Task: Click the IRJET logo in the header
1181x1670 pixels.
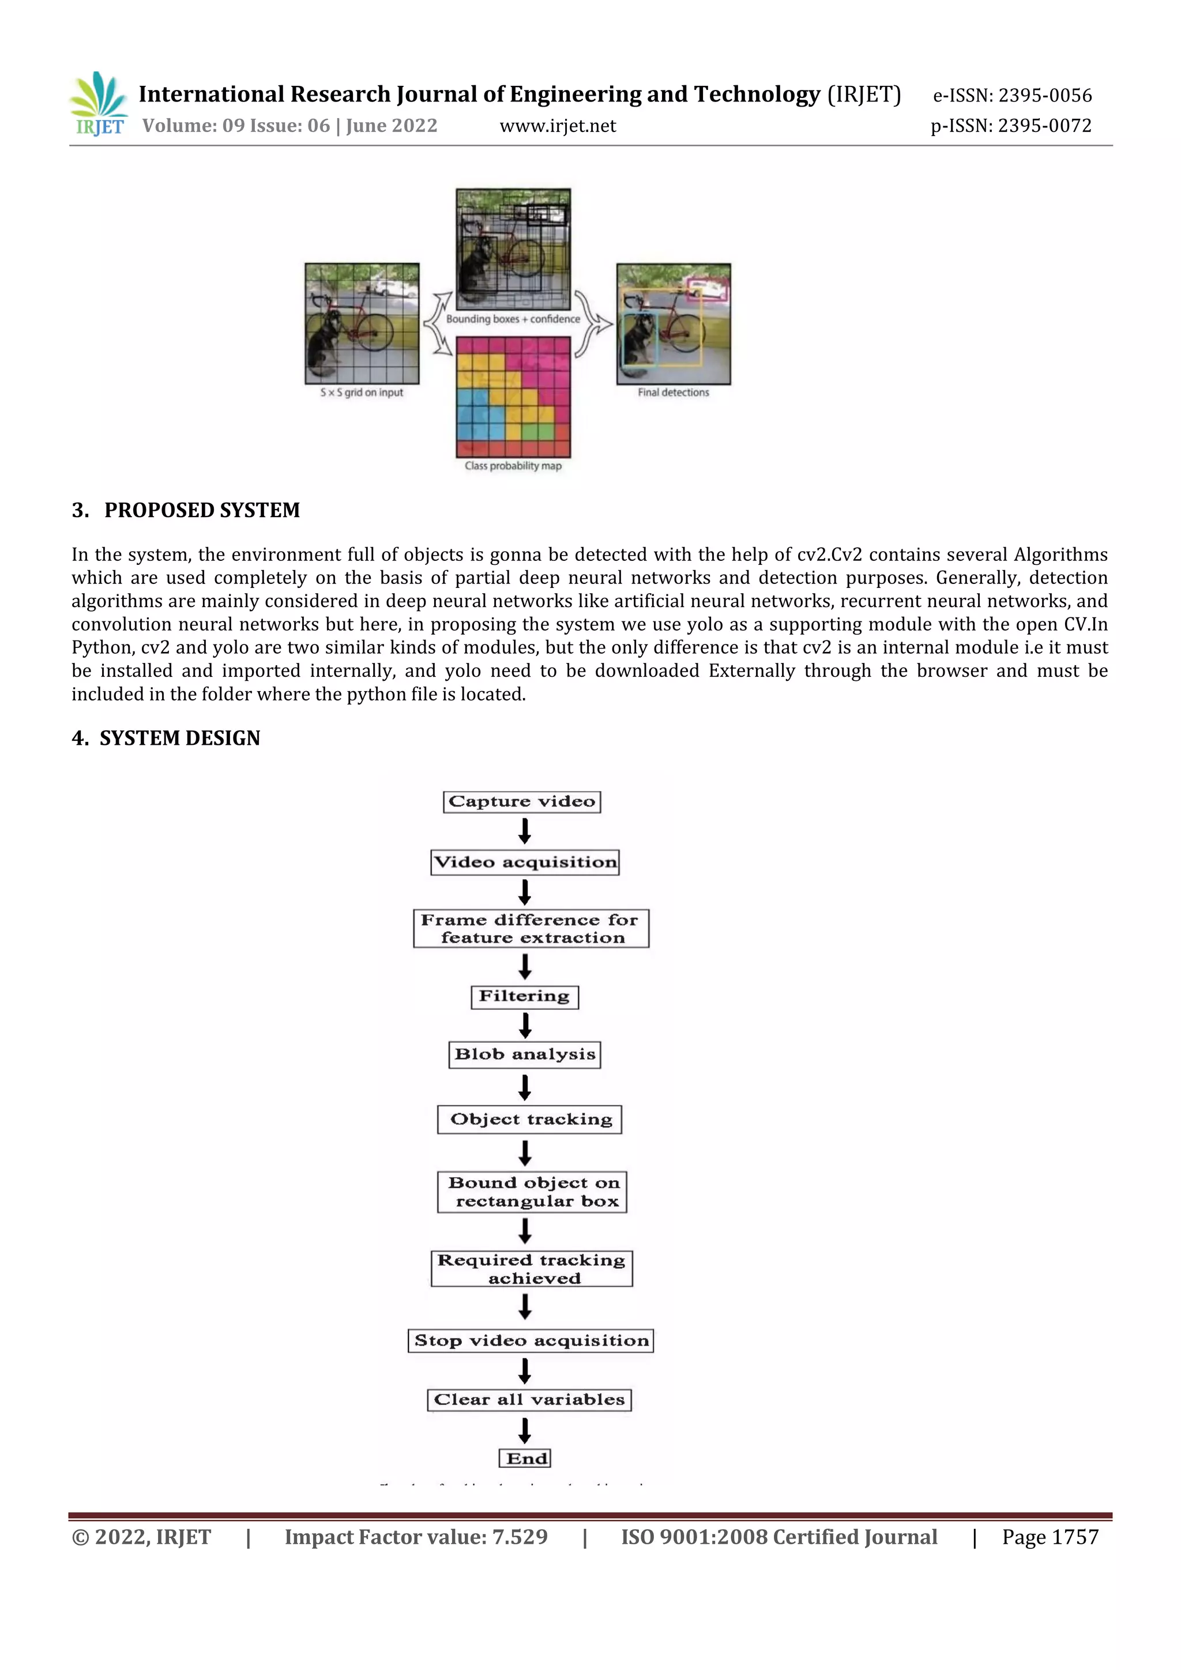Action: pyautogui.click(x=99, y=104)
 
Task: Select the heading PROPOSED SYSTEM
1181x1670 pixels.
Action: pyautogui.click(x=202, y=510)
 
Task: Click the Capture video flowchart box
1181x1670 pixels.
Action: pyautogui.click(x=522, y=801)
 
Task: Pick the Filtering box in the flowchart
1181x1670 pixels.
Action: pyautogui.click(x=525, y=997)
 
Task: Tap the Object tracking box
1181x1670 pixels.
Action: pyautogui.click(x=530, y=1119)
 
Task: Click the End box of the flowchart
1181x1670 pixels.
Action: pyautogui.click(x=525, y=1458)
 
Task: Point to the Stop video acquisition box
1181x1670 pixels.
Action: pyautogui.click(x=531, y=1340)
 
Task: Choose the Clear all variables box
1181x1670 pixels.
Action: pyautogui.click(x=529, y=1400)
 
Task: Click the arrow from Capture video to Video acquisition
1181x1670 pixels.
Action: pyautogui.click(x=525, y=831)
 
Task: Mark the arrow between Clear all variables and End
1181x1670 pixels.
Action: pyautogui.click(x=525, y=1430)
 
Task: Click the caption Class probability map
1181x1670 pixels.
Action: pyautogui.click(x=513, y=466)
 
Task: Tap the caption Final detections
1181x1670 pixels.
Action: pyautogui.click(x=673, y=392)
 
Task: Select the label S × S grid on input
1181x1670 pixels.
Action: pyautogui.click(x=362, y=392)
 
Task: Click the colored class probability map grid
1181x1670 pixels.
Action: pyautogui.click(x=513, y=397)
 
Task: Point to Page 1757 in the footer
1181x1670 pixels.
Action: pyautogui.click(x=1050, y=1537)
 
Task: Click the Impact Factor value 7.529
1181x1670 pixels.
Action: pyautogui.click(x=416, y=1537)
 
